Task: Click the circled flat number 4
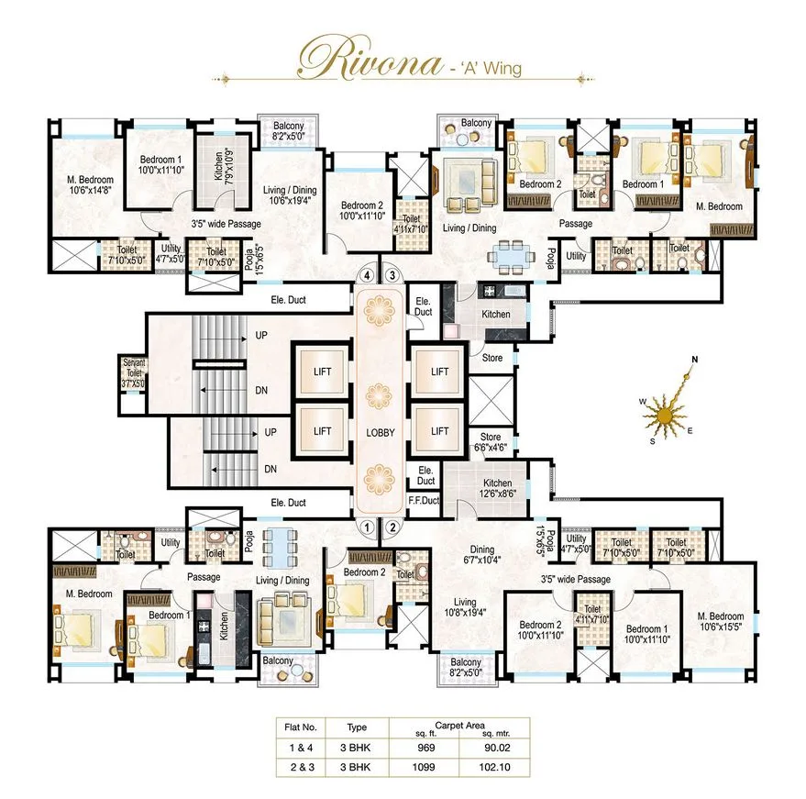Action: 368,274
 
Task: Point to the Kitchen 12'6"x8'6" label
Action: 499,488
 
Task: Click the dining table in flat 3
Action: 509,256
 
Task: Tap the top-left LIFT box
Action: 322,372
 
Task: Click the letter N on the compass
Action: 695,360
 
